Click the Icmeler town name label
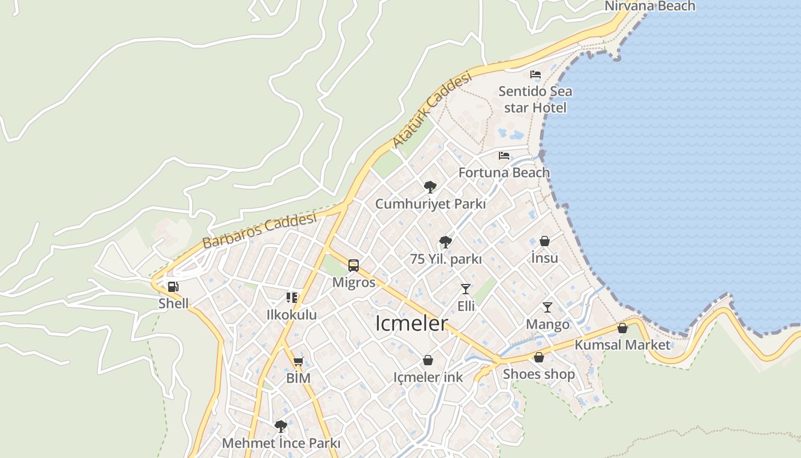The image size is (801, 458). pos(411,323)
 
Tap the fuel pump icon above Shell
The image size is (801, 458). pos(173,287)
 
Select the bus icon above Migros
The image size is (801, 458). pos(354,266)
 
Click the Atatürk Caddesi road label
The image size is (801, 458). pos(433,109)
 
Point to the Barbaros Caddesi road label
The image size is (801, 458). pos(259,230)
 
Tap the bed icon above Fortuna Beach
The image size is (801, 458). pos(504,156)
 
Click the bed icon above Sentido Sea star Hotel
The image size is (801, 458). pos(536,74)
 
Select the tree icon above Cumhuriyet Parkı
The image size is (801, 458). pos(430,187)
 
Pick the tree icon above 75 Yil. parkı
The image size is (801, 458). pos(445,242)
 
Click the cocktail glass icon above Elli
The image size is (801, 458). pos(466,289)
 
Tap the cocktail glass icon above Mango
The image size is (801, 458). pos(548,307)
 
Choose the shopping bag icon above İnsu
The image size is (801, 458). pos(545,242)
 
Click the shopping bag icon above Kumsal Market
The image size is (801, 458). pos(622,328)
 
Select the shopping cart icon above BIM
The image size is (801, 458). pos(298,361)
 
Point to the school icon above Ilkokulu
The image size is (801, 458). pos(292,298)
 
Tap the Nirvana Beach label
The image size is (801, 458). pos(650,6)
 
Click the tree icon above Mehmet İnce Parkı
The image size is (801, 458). pos(280,427)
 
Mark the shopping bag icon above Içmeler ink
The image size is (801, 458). pos(428,360)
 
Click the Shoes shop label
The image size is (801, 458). pos(538,374)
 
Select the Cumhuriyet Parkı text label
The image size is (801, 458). pos(430,204)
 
